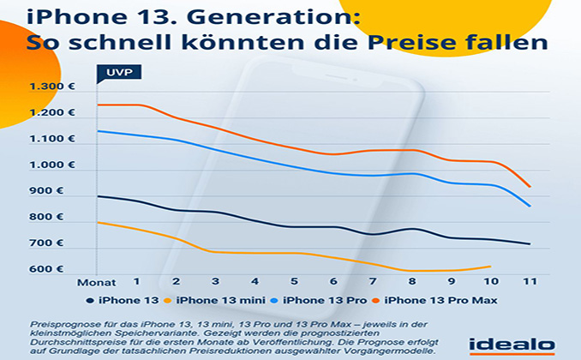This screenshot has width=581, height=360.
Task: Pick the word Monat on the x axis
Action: (x=96, y=281)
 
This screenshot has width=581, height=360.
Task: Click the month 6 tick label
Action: (x=333, y=281)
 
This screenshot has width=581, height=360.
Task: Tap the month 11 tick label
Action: (x=530, y=281)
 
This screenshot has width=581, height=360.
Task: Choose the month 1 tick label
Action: (x=135, y=281)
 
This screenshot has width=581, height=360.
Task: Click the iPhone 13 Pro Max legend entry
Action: (x=441, y=300)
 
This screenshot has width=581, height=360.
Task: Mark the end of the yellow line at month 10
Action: (x=490, y=267)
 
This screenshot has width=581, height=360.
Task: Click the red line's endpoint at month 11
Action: (x=530, y=186)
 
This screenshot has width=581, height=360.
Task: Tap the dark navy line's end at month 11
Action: (x=530, y=244)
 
